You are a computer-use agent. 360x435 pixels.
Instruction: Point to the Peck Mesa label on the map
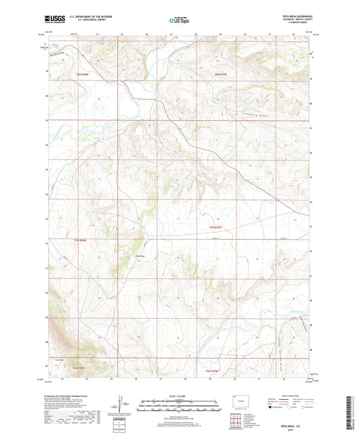(140, 257)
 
